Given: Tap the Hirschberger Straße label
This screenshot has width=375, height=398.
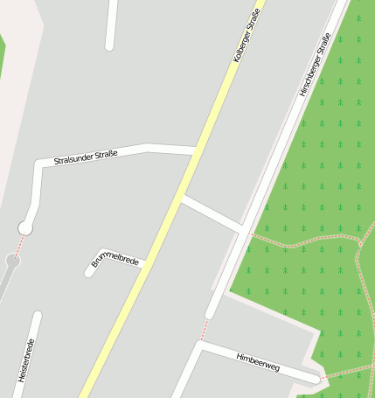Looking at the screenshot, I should [315, 63].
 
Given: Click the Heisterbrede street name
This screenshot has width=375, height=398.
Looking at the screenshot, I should [25, 360].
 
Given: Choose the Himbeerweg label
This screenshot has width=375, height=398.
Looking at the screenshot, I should [258, 361].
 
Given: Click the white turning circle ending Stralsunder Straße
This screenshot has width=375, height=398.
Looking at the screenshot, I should [25, 228].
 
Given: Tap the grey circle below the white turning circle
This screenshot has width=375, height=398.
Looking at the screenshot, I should [12, 260].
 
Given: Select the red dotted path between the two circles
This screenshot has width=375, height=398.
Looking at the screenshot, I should [19, 244].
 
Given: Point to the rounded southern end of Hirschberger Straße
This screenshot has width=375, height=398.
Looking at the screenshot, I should [210, 313].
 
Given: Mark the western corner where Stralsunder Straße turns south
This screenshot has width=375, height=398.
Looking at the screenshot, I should [38, 164].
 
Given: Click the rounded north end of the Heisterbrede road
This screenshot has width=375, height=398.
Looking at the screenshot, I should [37, 316].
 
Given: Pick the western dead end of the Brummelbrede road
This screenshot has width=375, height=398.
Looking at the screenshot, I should [89, 272].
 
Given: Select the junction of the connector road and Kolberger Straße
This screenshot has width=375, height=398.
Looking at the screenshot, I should [179, 198].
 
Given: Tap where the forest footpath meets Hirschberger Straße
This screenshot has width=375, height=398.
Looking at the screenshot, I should [248, 234].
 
